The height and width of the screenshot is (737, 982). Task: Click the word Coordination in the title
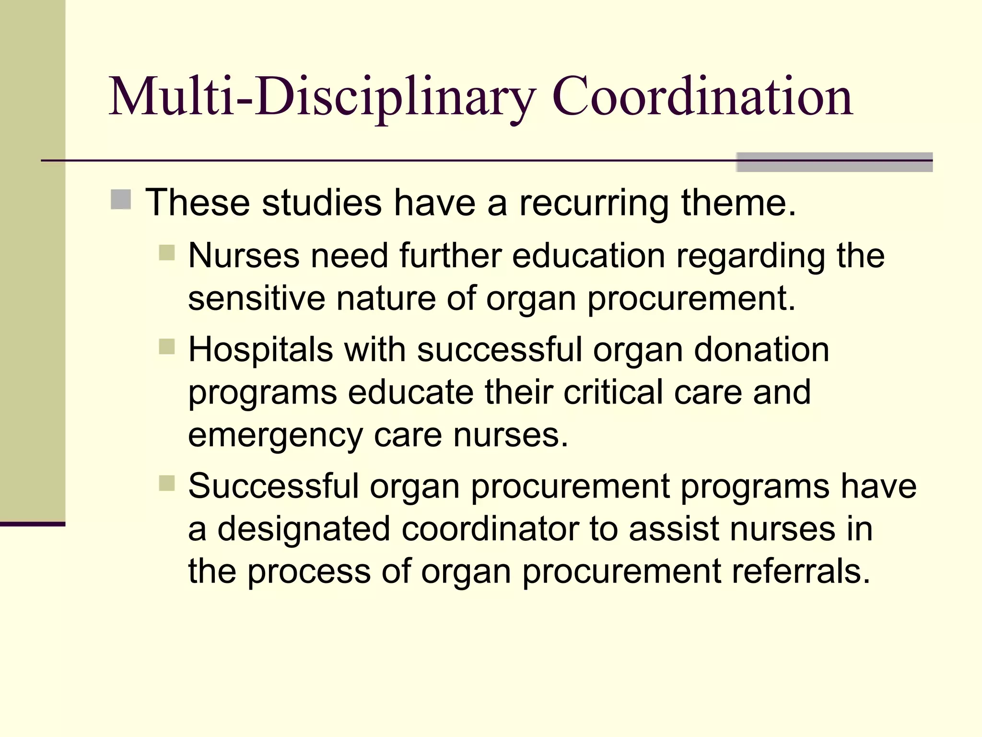pos(702,97)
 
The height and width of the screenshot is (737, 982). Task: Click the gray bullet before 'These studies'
pos(121,200)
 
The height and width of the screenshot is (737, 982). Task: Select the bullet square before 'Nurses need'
pos(167,252)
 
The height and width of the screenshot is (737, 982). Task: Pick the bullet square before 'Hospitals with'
pos(167,346)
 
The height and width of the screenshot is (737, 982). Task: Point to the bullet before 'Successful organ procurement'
pos(167,483)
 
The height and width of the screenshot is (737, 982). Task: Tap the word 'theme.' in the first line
pos(738,202)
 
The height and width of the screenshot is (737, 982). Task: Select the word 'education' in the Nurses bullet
pos(589,255)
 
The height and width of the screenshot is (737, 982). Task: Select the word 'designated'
pos(304,529)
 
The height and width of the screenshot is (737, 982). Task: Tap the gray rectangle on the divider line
pos(834,162)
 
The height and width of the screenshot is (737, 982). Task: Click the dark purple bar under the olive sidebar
pos(33,524)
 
